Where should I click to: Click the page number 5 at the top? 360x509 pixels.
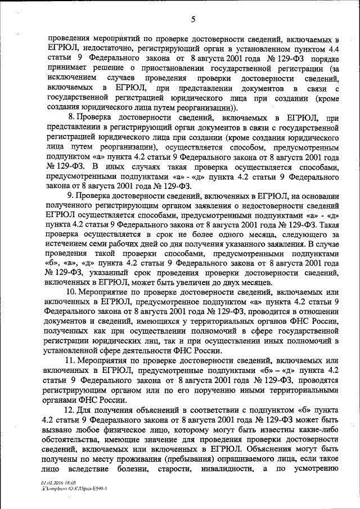(x=192, y=20)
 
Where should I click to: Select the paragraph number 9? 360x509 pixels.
(x=70, y=195)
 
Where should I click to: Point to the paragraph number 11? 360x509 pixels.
(x=72, y=360)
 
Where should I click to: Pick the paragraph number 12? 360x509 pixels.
(x=72, y=409)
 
